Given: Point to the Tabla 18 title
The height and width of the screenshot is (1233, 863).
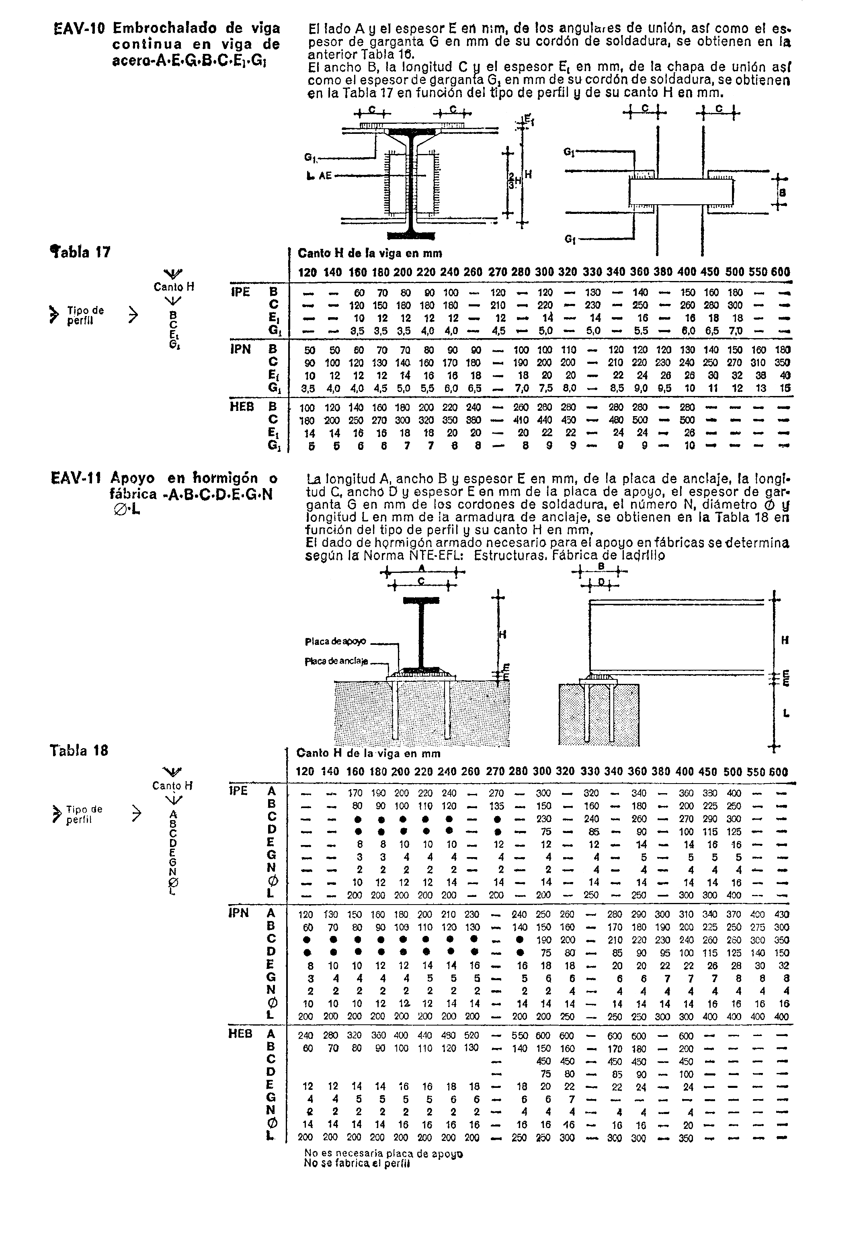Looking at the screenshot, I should tap(79, 750).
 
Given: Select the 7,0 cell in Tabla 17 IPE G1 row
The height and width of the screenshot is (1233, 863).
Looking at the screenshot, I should tap(735, 331).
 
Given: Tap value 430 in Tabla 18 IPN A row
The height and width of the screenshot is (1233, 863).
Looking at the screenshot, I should tap(782, 915).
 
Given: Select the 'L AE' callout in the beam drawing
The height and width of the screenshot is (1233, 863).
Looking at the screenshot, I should tap(319, 175).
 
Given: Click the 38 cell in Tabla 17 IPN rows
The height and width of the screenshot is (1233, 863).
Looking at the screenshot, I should tap(759, 375).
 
